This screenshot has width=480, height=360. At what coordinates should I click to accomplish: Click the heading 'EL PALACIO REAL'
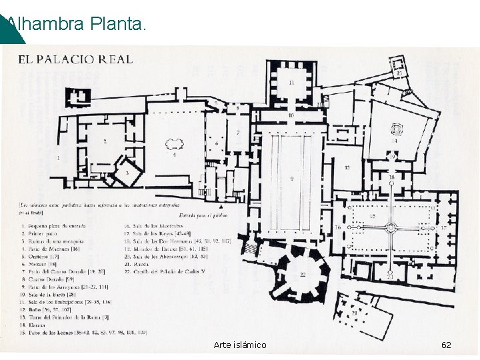pyautogui.click(x=76, y=59)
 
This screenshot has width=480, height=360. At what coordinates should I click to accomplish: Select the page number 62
pyautogui.click(x=446, y=345)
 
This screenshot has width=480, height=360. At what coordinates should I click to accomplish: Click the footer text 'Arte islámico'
pyautogui.click(x=240, y=345)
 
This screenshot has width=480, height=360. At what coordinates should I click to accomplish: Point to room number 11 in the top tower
pyautogui.click(x=292, y=83)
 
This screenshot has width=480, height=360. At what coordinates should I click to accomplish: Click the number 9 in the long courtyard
pyautogui.click(x=292, y=179)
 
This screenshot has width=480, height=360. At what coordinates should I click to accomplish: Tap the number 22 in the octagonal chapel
pyautogui.click(x=303, y=275)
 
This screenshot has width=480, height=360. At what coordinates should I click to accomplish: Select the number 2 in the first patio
pyautogui.click(x=105, y=141)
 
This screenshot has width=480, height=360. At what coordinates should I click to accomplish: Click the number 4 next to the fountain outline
pyautogui.click(x=175, y=155)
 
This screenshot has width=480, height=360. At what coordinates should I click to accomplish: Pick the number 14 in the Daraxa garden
pyautogui.click(x=395, y=141)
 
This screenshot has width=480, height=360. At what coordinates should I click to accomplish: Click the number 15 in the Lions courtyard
pyautogui.click(x=372, y=216)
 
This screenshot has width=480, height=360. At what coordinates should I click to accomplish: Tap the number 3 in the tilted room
pyautogui.click(x=127, y=173)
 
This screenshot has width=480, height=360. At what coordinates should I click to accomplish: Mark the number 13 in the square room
pyautogui.click(x=347, y=168)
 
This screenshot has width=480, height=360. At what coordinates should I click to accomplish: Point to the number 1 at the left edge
pyautogui.click(x=59, y=158)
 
